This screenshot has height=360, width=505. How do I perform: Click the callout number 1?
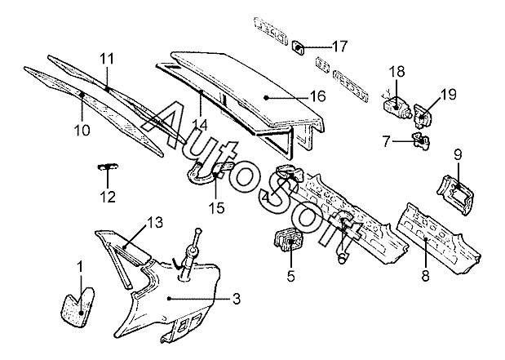click(x=79, y=266)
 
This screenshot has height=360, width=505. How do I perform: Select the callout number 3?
click(x=236, y=300)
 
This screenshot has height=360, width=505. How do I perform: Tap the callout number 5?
click(x=290, y=275)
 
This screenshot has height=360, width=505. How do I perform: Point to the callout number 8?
click(x=425, y=275)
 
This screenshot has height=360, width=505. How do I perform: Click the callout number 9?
click(x=457, y=154)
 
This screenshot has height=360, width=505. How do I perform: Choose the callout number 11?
click(x=108, y=58)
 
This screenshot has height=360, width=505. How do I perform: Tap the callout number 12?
click(x=108, y=197)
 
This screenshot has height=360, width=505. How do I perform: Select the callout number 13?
click(x=156, y=222)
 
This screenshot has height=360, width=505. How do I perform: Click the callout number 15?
click(x=215, y=207)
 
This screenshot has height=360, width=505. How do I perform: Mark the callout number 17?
click(x=339, y=45)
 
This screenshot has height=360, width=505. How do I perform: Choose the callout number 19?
click(x=448, y=94)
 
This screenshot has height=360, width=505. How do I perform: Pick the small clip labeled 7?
click(x=422, y=142)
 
